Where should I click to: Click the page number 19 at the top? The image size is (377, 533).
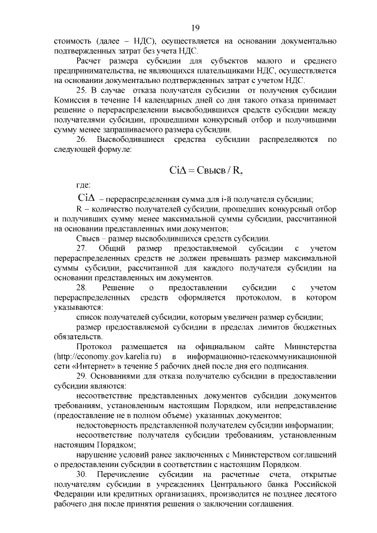tap(196, 27)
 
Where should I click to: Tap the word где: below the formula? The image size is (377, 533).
tap(84, 186)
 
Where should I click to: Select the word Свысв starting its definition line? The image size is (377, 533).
tap(88, 239)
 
